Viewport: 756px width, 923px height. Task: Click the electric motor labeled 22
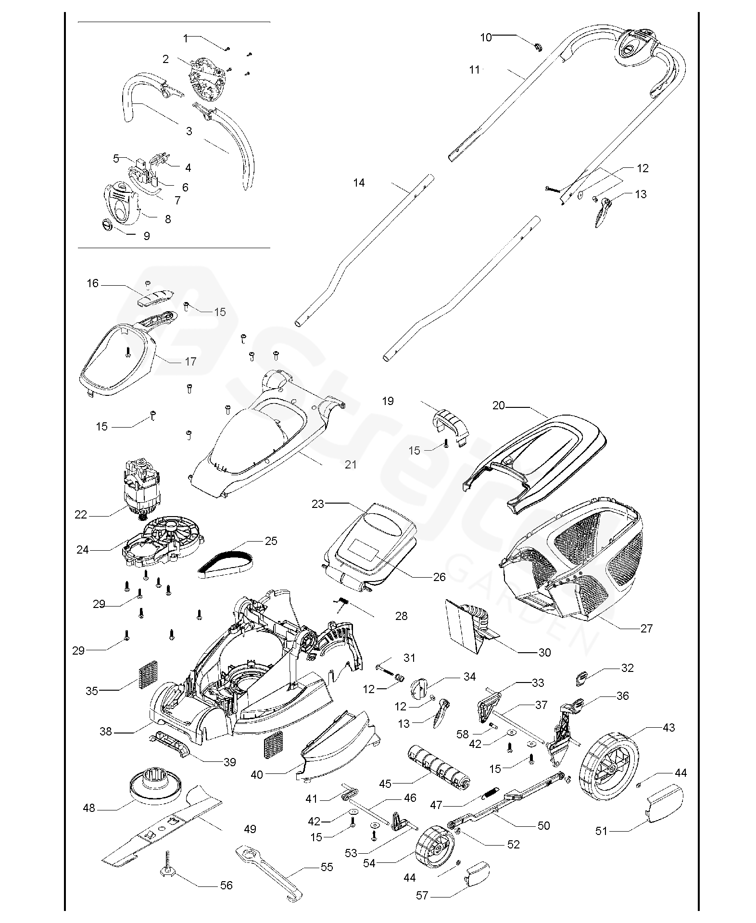[142, 487]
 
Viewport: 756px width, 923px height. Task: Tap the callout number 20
[498, 405]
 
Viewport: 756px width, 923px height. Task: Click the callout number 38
[105, 732]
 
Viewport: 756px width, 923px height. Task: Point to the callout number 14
[359, 183]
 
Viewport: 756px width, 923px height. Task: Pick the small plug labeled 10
[537, 47]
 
